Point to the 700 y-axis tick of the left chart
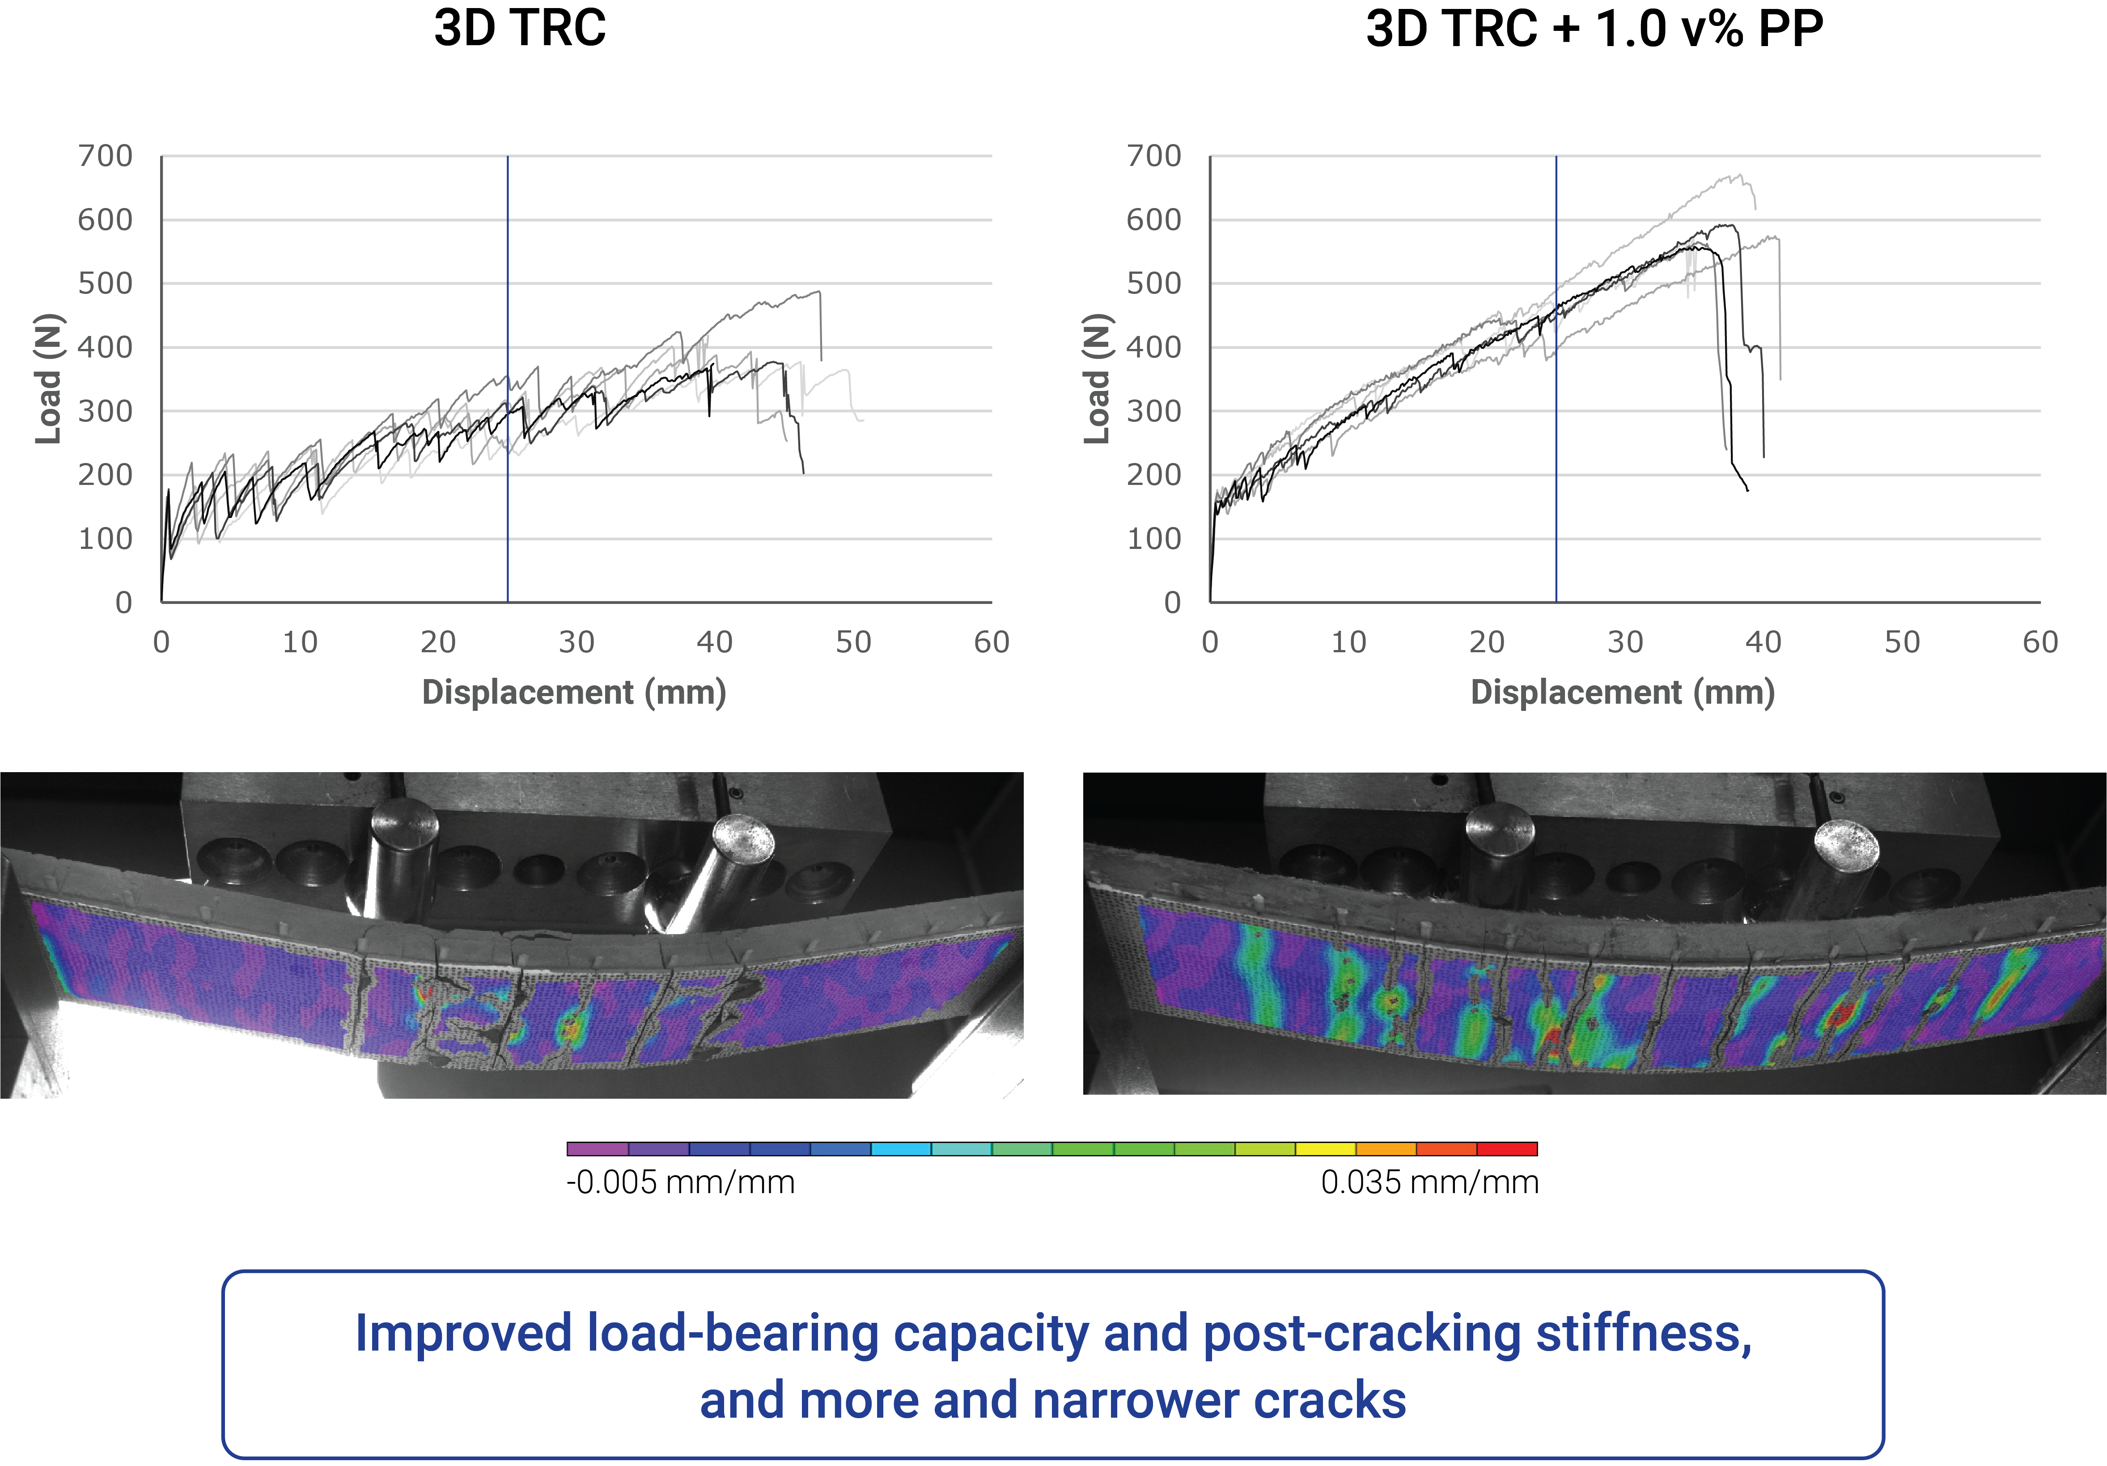pos(106,156)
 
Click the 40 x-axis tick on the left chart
pos(715,642)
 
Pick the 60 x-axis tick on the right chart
pos(2040,642)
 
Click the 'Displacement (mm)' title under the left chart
pos(573,692)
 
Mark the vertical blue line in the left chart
pos(508,386)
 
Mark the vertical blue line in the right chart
pos(1556,386)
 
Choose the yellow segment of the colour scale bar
pos(1325,1148)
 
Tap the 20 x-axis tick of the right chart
pos(1487,642)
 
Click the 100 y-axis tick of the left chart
pos(106,539)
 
